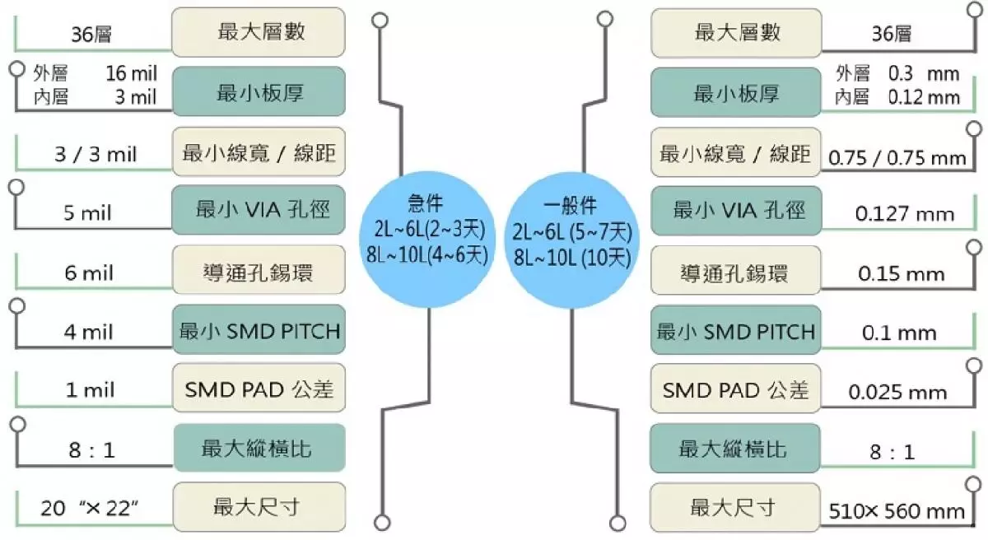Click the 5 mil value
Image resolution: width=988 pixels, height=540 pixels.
[x=87, y=213]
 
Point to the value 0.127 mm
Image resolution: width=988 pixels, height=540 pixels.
[x=905, y=215]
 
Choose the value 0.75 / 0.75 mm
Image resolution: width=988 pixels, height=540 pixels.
[x=897, y=157]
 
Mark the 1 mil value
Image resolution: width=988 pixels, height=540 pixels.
[x=90, y=390]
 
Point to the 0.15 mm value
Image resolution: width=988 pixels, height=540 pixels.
[x=901, y=274]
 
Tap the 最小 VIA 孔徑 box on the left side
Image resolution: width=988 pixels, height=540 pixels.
[x=259, y=210]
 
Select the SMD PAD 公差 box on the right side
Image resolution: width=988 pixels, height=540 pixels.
[x=735, y=389]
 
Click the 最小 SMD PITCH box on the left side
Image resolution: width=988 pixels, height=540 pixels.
[x=259, y=332]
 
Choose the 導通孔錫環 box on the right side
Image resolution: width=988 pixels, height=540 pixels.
[x=735, y=271]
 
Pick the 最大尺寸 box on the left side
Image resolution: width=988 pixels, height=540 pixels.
[x=259, y=507]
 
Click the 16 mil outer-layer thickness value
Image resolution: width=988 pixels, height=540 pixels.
[x=131, y=74]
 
